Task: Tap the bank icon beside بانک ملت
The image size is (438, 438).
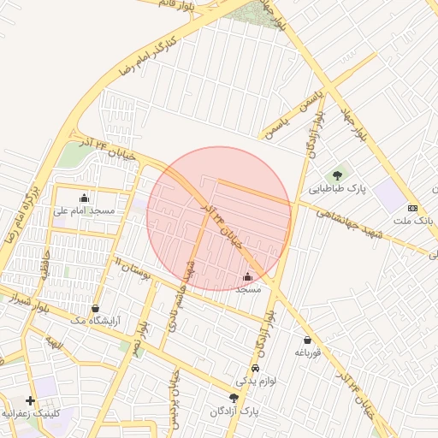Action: point(413,208)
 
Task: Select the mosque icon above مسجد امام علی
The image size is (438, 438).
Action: point(84,198)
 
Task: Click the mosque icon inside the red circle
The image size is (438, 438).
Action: point(248,276)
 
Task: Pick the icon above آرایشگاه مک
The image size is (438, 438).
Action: point(94,308)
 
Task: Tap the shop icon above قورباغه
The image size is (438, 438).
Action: point(307,340)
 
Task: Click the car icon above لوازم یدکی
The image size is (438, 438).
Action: point(254,368)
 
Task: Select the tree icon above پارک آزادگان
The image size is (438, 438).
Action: point(234,398)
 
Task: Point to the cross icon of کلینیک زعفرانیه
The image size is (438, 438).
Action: point(30,400)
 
